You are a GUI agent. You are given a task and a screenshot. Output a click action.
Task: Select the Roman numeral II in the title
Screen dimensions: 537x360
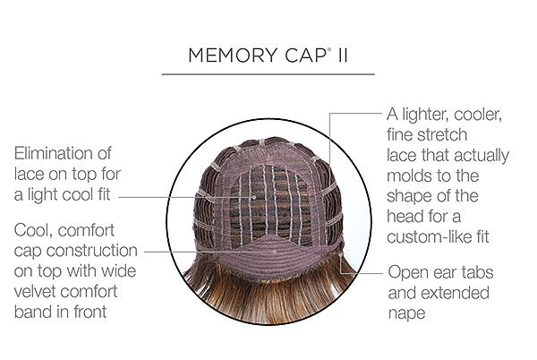coord(343,56)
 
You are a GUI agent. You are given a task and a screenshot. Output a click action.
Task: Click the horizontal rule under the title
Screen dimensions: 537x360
coord(268,74)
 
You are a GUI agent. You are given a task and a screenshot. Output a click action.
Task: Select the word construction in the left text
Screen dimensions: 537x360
coord(92,251)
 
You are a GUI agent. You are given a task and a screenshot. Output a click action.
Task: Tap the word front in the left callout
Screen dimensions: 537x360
coord(90,312)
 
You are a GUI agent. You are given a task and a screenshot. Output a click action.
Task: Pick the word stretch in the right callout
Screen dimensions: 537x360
coord(444,134)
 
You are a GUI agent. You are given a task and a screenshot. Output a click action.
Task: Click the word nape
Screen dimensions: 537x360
coord(407,314)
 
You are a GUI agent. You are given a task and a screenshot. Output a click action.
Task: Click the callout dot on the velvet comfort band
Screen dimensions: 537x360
coord(275,252)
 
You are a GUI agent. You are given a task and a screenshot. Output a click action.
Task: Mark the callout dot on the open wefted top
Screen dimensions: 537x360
coord(254,197)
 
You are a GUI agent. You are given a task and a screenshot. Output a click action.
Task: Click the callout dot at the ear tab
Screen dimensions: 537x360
coord(341,254)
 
